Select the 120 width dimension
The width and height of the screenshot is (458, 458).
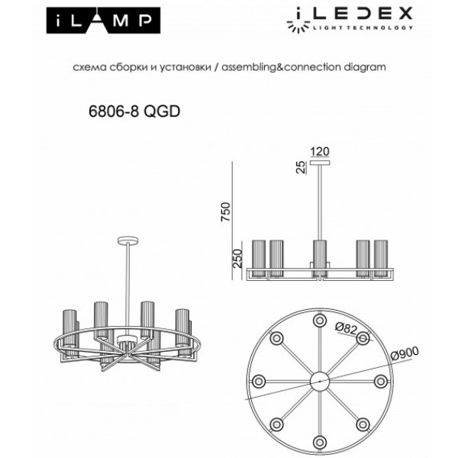coord(319,150)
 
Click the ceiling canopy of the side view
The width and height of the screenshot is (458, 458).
coord(319,163)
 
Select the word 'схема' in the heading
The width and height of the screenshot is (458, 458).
coord(86,67)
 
